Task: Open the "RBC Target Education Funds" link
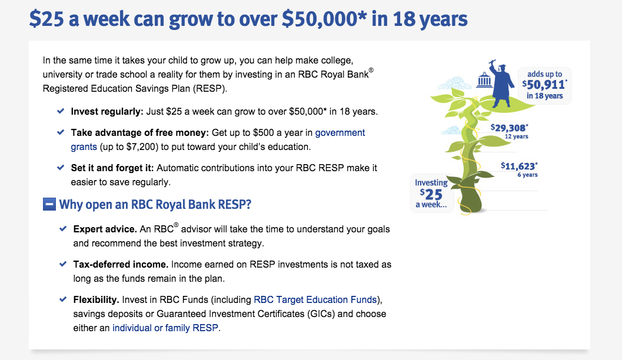click(315, 300)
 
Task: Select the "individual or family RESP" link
click(165, 328)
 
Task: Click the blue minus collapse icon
click(49, 205)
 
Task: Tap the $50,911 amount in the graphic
click(544, 85)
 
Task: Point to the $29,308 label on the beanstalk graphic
click(510, 128)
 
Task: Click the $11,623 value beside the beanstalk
click(519, 166)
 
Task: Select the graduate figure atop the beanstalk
click(500, 84)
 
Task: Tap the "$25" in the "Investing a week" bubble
click(431, 194)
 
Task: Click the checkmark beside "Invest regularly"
click(61, 111)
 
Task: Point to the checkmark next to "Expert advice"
click(63, 229)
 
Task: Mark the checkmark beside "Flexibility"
click(63, 299)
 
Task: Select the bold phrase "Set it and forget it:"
click(112, 168)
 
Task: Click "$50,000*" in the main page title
click(324, 19)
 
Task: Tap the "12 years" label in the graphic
click(517, 136)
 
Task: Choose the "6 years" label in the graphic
click(528, 175)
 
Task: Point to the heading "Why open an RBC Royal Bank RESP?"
click(155, 205)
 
